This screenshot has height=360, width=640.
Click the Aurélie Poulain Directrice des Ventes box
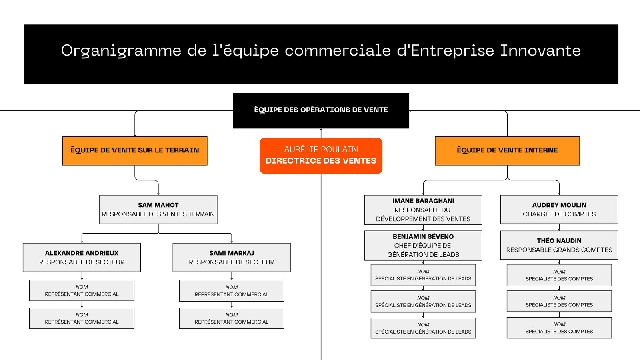pos(321,156)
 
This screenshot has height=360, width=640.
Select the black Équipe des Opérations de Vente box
pos(321,110)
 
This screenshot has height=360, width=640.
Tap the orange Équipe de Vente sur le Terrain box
pos(135,151)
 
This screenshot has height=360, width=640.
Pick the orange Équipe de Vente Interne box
pos(508,151)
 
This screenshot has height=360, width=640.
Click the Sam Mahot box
pos(158,210)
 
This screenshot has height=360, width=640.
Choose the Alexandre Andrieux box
pos(82,258)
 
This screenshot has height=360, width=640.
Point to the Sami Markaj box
pos(232,258)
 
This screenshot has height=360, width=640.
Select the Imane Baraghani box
pos(423,210)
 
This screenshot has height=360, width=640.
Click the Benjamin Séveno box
pos(423,246)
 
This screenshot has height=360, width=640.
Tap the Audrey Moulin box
pos(559,210)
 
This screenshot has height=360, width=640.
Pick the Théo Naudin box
pos(559,245)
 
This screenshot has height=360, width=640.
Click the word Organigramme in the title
pos(121,51)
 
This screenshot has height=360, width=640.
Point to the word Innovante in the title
pos(540,50)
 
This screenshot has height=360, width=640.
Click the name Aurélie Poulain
pos(321,149)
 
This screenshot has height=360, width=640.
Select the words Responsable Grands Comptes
pos(559,250)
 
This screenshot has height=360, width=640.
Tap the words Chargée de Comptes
pos(559,214)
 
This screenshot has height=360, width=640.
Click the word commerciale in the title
pos(338,50)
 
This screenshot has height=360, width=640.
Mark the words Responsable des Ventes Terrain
pos(158,214)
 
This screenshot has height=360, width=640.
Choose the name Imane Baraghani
pos(423,201)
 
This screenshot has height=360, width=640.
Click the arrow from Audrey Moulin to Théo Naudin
pos(559,228)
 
